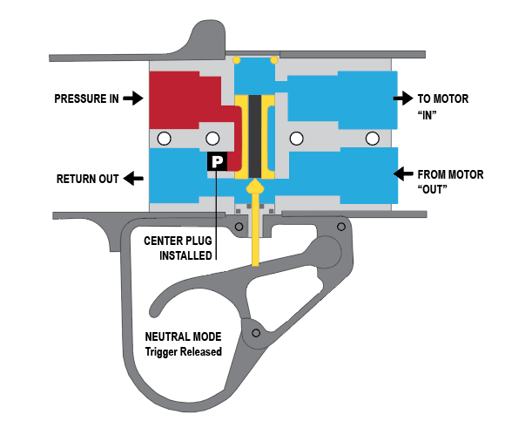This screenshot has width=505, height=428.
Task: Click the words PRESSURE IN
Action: tap(86, 99)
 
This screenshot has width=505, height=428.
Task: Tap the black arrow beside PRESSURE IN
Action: tap(133, 98)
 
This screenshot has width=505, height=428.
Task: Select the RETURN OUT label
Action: tap(88, 179)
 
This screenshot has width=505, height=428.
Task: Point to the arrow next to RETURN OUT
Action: tap(134, 179)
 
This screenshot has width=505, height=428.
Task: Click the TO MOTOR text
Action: tap(443, 99)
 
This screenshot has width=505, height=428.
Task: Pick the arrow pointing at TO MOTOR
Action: tap(403, 98)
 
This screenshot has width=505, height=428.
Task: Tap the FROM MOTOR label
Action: tap(450, 175)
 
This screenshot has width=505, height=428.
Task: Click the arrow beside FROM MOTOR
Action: tap(403, 173)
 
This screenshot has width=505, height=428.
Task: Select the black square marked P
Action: tap(217, 161)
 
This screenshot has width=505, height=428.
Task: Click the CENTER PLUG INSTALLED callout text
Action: tap(178, 248)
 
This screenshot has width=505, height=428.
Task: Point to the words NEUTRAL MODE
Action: tap(183, 337)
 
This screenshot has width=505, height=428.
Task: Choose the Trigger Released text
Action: tap(183, 351)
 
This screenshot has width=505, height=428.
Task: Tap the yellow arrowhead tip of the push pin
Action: tap(255, 180)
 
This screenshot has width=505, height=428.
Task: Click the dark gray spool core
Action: tap(255, 136)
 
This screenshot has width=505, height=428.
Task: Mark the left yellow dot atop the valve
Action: tap(237, 60)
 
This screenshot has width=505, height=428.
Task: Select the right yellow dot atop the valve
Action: tap(274, 60)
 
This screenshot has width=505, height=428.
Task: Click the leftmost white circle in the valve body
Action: tap(164, 139)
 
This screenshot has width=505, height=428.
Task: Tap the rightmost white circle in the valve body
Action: tap(373, 139)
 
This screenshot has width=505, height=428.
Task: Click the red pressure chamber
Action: tap(180, 100)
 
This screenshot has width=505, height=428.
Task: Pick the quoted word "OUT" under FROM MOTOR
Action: tap(432, 189)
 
